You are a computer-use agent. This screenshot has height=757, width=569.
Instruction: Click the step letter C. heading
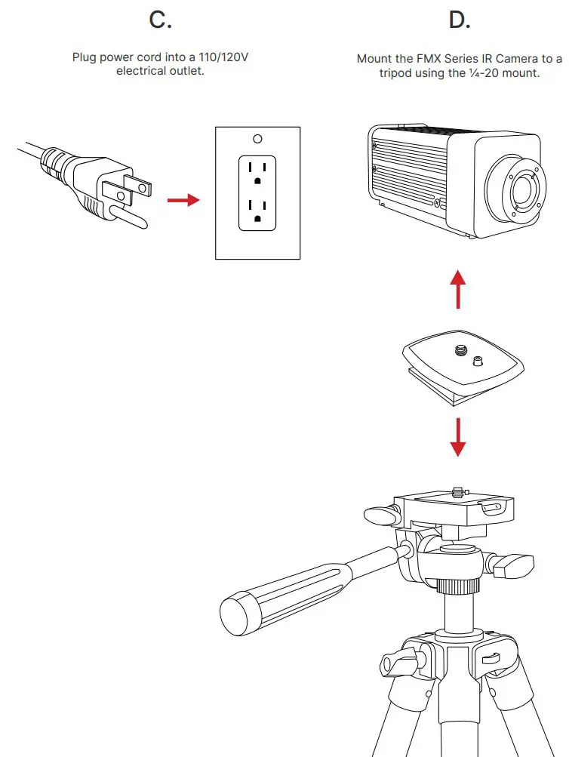coord(160,20)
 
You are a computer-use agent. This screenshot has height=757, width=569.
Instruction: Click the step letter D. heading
coord(459,20)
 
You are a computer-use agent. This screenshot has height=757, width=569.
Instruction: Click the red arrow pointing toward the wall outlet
coord(183,200)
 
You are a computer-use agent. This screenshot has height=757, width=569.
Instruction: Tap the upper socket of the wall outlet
coord(257,172)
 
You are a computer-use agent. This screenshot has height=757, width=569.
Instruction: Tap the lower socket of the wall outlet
coord(257,211)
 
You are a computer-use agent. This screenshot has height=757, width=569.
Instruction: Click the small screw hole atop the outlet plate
coord(257,139)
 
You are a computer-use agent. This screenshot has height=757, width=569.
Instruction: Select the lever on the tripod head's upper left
coord(380,515)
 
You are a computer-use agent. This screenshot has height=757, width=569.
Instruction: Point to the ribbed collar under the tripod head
coord(458,585)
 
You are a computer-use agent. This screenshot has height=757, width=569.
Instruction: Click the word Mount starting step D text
coord(374,59)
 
